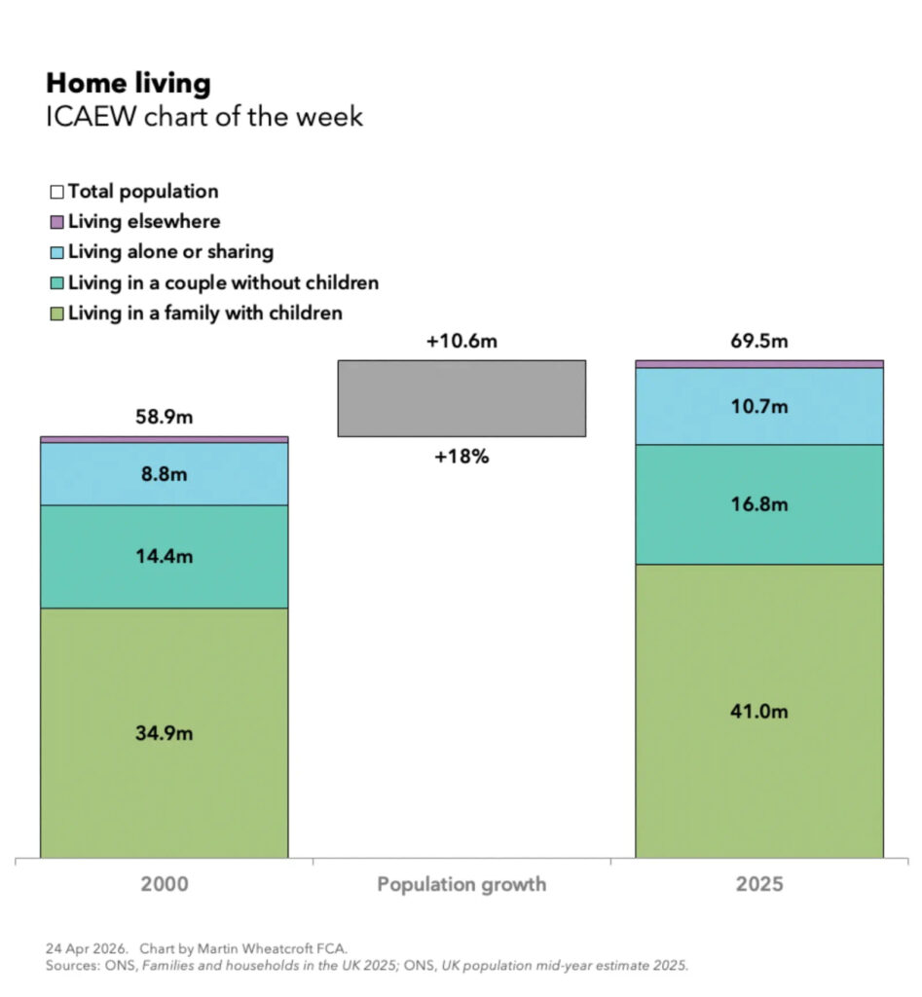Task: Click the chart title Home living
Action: click(129, 83)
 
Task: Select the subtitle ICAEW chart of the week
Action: click(204, 117)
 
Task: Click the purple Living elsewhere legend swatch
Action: click(56, 222)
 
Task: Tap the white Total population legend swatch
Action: click(56, 192)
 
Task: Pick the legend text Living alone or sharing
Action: click(170, 252)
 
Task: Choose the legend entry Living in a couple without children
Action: click(223, 283)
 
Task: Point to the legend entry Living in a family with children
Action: click(204, 314)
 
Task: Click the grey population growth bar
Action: click(461, 398)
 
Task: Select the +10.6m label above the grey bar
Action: click(461, 342)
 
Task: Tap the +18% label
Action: click(461, 456)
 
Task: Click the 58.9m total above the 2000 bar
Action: click(164, 418)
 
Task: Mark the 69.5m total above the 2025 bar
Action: click(759, 342)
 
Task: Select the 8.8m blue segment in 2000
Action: click(164, 474)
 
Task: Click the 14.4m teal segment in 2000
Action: click(164, 557)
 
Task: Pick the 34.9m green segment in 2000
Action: click(164, 733)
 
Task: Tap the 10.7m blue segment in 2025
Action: click(759, 407)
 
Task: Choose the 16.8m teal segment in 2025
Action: click(759, 504)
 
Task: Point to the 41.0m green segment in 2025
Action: click(759, 712)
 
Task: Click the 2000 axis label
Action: click(164, 885)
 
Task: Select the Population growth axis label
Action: click(461, 885)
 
